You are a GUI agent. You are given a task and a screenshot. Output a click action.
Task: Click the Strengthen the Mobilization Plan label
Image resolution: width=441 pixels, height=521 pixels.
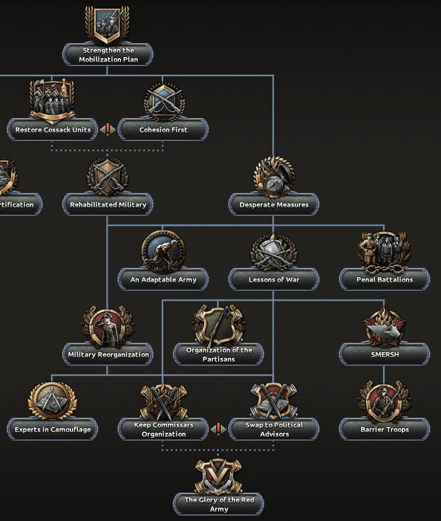[108, 55]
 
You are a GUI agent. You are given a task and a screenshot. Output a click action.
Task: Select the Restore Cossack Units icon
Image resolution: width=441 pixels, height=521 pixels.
[52, 101]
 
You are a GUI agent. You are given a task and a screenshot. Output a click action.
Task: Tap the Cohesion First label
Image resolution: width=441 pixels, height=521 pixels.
[163, 130]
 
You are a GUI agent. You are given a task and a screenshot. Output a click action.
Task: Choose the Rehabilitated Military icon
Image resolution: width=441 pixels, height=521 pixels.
[108, 176]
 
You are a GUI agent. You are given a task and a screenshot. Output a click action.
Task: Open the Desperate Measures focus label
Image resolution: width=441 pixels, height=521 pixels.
[274, 205]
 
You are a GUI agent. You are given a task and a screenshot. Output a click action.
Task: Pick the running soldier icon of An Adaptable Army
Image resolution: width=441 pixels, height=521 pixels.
[163, 251]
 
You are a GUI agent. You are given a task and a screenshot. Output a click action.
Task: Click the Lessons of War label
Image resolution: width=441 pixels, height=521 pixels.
[274, 280]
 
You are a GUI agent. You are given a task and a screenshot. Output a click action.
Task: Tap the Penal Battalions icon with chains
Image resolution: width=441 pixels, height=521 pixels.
[384, 251]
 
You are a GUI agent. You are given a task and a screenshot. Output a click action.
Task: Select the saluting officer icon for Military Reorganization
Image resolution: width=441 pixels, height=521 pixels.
[108, 326]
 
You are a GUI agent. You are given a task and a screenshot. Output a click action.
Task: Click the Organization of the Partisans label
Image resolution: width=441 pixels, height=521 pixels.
[218, 354]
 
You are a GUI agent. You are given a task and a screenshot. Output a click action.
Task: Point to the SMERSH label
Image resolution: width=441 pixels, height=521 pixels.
[384, 354]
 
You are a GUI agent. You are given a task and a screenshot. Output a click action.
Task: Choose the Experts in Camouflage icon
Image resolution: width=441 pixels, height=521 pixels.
[52, 401]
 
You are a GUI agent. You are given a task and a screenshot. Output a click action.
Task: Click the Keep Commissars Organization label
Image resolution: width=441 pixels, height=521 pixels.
[163, 429]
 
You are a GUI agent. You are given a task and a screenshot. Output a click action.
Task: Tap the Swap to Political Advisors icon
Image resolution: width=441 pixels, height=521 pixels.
[274, 401]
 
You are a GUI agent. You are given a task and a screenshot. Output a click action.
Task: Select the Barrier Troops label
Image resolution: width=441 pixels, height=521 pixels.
[384, 429]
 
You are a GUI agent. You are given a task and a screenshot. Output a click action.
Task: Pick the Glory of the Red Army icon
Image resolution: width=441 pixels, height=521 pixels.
[218, 476]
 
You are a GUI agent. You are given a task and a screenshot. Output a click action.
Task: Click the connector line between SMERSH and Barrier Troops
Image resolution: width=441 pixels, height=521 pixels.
[384, 373]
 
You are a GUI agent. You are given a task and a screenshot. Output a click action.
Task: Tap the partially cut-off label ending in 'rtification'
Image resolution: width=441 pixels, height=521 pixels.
[17, 205]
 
